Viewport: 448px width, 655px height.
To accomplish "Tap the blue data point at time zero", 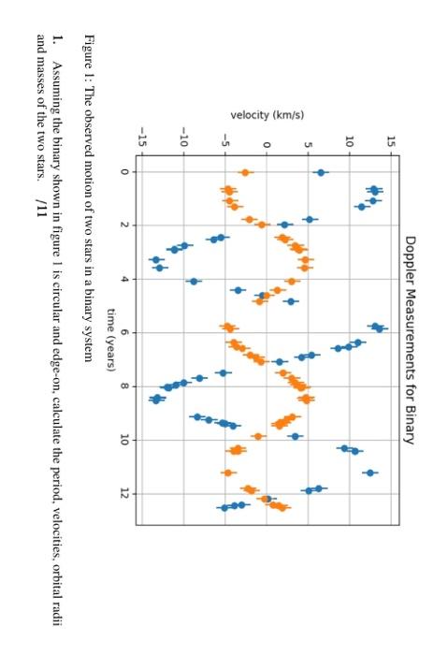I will [x=321, y=172].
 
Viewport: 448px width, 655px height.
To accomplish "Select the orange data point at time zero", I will [x=245, y=172].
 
